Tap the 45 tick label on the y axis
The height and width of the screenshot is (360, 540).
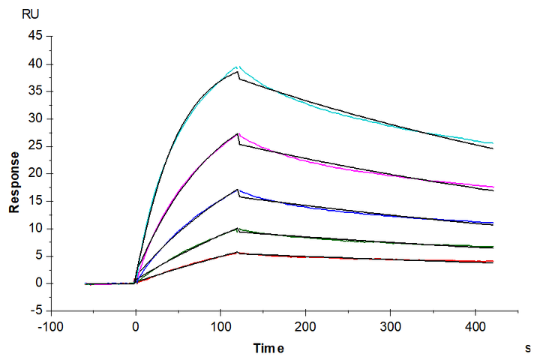34,36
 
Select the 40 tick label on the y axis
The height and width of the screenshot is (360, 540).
34,64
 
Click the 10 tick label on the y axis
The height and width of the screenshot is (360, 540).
34,229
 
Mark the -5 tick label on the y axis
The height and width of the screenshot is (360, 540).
35,310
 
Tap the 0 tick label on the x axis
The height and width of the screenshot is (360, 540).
135,327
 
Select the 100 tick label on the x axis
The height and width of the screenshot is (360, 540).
220,327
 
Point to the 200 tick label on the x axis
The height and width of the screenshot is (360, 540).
304,327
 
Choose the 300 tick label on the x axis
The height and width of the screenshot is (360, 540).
390,327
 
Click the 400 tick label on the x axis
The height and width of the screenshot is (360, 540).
475,327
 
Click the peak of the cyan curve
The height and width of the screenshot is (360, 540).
237,66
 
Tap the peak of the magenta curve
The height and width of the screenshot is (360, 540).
238,133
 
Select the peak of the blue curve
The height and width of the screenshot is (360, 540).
238,189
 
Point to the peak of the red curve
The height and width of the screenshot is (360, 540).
238,252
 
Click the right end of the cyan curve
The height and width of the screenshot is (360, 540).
493,142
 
